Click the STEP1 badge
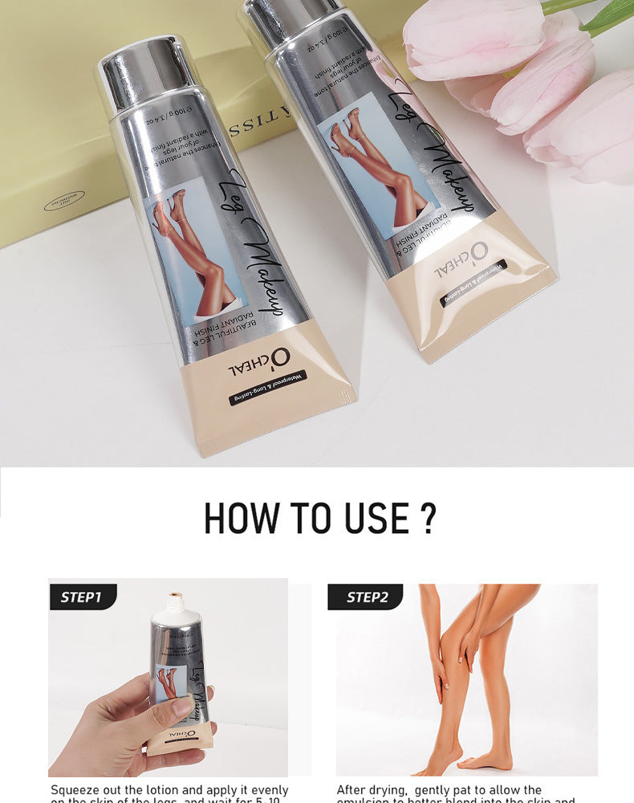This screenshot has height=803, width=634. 81,597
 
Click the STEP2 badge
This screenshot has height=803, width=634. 366,597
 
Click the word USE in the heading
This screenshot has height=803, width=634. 376,518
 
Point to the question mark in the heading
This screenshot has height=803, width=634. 428,518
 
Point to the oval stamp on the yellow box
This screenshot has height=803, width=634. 64,201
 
